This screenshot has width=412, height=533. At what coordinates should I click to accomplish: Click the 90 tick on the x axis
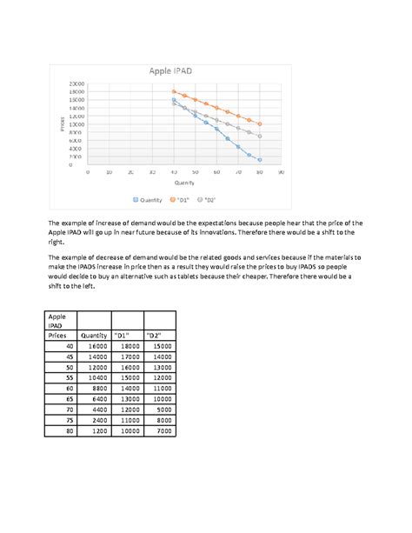coord(281,172)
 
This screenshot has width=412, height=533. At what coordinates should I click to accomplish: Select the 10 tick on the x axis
coord(109,172)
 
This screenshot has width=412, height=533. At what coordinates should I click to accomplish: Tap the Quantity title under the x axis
coord(184,183)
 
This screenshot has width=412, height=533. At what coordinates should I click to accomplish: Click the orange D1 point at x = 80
coord(259,123)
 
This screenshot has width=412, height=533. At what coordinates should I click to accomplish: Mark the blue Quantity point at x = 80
coord(259,159)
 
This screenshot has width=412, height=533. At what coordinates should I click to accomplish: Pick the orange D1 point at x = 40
coord(174,91)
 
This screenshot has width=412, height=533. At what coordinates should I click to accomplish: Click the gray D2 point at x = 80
coord(259,136)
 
